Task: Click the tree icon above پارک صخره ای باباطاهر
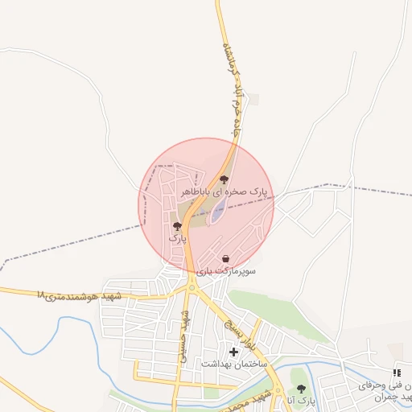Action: [x=224, y=179]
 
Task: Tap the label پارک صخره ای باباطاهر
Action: [x=228, y=192]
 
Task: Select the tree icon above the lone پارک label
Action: [x=177, y=227]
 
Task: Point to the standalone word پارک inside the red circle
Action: [x=177, y=239]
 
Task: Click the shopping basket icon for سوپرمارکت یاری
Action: [x=225, y=259]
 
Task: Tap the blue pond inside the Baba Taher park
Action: [x=217, y=212]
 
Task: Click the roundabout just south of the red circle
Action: [x=193, y=287]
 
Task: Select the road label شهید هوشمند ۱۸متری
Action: [x=78, y=296]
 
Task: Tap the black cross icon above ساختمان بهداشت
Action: [x=234, y=352]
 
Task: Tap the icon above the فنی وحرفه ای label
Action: [x=396, y=373]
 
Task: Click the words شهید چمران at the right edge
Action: [x=389, y=398]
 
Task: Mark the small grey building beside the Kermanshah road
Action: [x=254, y=99]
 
